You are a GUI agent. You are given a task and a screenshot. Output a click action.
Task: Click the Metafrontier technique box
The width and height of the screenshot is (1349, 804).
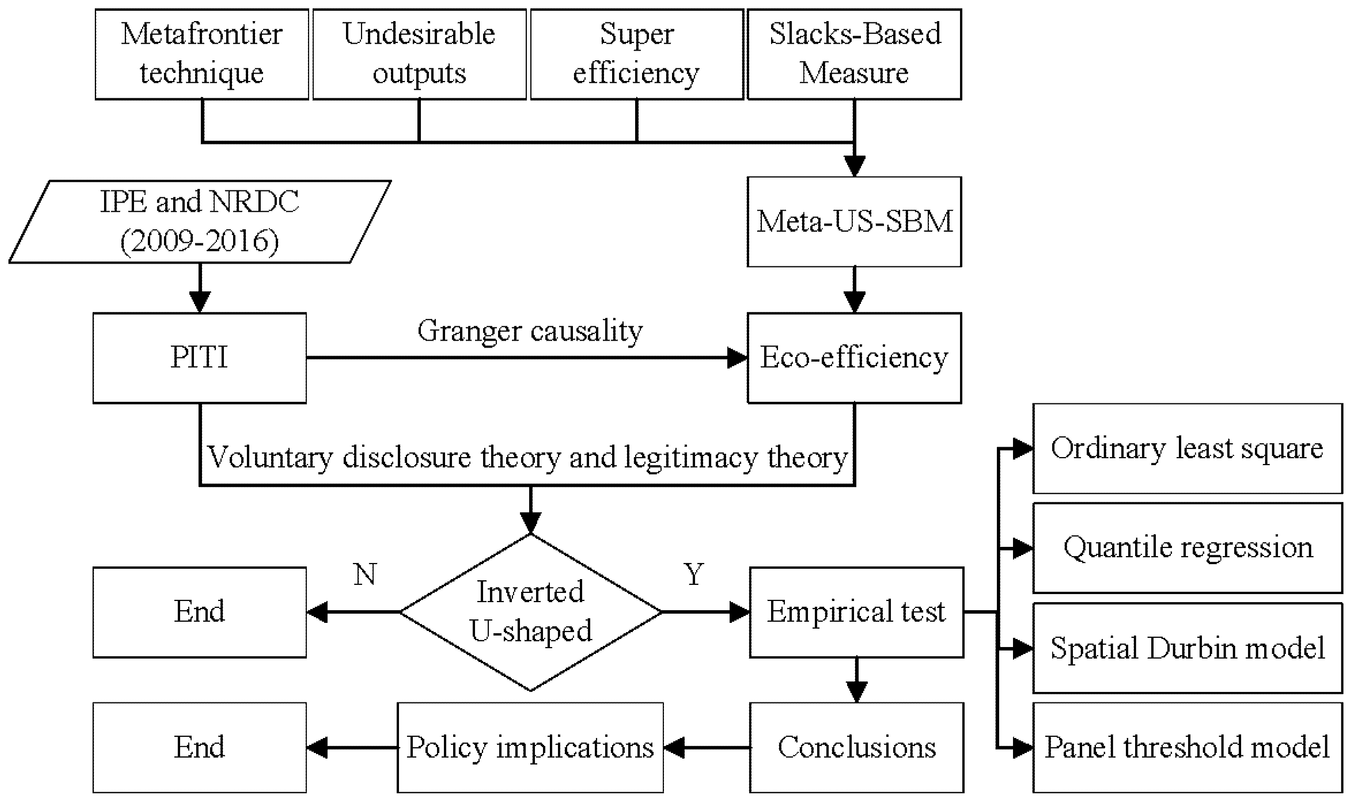[x=202, y=54]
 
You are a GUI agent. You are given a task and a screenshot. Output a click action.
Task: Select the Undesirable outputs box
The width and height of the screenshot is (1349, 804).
[x=419, y=54]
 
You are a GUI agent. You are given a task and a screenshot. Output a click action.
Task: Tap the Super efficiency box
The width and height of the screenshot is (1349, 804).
[x=636, y=54]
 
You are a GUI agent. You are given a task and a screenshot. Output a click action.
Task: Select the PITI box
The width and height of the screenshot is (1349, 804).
[x=199, y=358]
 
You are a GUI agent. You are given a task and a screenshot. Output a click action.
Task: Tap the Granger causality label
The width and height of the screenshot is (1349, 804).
[x=530, y=330]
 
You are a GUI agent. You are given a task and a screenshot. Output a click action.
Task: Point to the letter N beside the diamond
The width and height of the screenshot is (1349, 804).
[x=365, y=574]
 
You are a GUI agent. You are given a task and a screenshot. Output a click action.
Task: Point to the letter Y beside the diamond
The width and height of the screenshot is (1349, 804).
[x=694, y=574]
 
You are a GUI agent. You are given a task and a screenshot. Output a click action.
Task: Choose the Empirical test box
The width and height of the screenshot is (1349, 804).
[x=856, y=612]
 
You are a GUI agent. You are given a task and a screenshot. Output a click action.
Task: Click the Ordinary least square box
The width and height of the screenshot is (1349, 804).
[x=1187, y=449]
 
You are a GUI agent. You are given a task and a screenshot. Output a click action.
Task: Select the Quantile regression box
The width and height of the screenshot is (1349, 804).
[x=1187, y=548]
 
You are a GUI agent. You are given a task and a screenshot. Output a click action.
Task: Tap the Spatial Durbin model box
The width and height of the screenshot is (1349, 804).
[x=1187, y=648]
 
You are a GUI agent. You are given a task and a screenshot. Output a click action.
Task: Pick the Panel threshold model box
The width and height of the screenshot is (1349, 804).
[x=1187, y=748]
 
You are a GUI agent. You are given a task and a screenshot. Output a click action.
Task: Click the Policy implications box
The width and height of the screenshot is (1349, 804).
[x=530, y=748]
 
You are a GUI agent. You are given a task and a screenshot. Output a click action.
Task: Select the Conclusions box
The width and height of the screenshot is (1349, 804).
[x=856, y=748]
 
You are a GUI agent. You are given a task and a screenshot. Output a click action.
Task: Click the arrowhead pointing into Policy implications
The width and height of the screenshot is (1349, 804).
[x=673, y=748]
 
